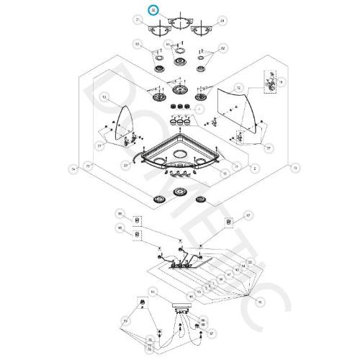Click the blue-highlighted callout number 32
pyautogui.click(x=152, y=10)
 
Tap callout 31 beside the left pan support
pyautogui.click(x=137, y=21)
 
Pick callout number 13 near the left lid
pyautogui.click(x=104, y=96)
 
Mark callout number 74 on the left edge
pyautogui.click(x=72, y=168)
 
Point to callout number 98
pyautogui.click(x=120, y=228)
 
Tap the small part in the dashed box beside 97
pyautogui.click(x=229, y=222)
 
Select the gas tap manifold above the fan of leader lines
pyautogui.click(x=180, y=265)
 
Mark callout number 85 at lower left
pyautogui.click(x=125, y=319)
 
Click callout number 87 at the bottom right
pyautogui.click(x=212, y=333)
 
